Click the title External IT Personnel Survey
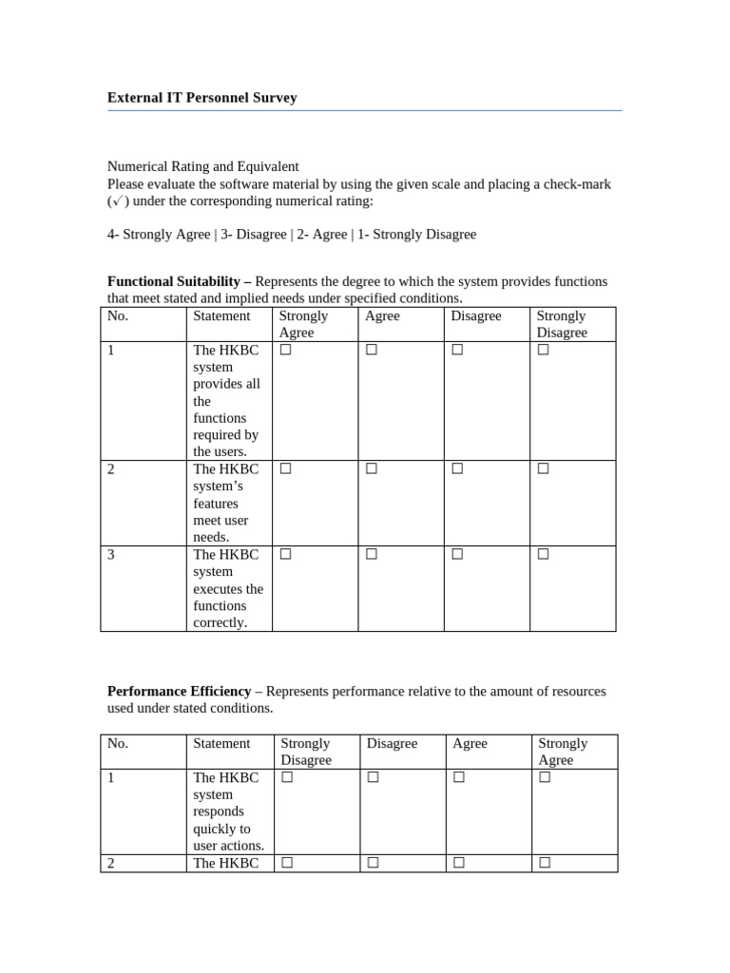pyautogui.click(x=202, y=98)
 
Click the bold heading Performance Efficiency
pyautogui.click(x=179, y=691)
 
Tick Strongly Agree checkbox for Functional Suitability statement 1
pyautogui.click(x=285, y=350)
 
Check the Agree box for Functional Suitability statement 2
pyautogui.click(x=371, y=468)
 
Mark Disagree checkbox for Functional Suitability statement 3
pyautogui.click(x=457, y=554)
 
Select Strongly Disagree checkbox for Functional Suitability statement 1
pyautogui.click(x=543, y=350)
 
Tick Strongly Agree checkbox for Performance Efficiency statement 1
pyautogui.click(x=545, y=777)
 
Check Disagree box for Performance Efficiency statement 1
pyautogui.click(x=373, y=777)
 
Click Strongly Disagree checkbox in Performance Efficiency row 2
pyautogui.click(x=286, y=863)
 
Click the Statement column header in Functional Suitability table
pyautogui.click(x=221, y=315)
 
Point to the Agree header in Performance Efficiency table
pyautogui.click(x=470, y=743)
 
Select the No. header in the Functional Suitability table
pyautogui.click(x=118, y=315)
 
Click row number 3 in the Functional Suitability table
pyautogui.click(x=111, y=554)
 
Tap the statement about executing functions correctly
pyautogui.click(x=228, y=588)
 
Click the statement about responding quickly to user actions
pyautogui.click(x=228, y=811)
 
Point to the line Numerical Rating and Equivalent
pyautogui.click(x=202, y=166)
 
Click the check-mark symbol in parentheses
pyautogui.click(x=118, y=200)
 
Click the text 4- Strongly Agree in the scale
pyautogui.click(x=159, y=234)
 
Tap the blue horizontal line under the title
pyautogui.click(x=364, y=110)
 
